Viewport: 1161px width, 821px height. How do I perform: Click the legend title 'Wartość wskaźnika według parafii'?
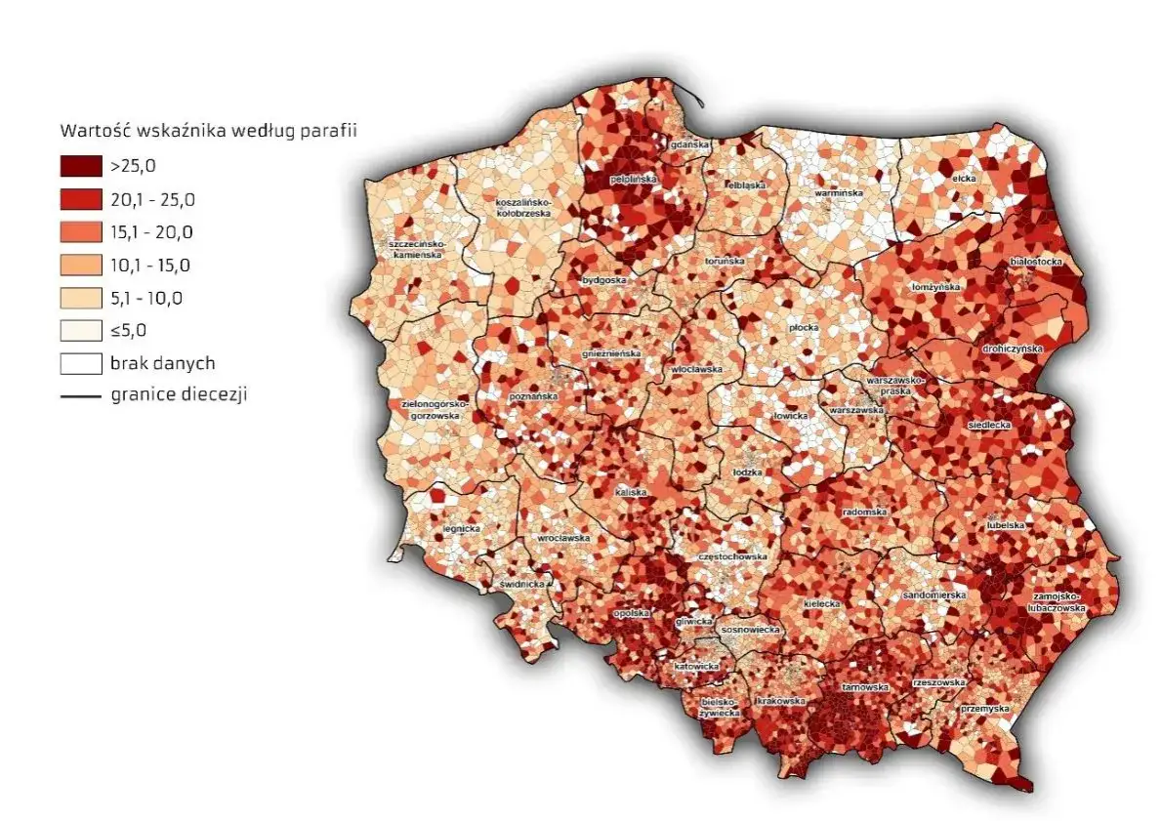pyautogui.click(x=206, y=131)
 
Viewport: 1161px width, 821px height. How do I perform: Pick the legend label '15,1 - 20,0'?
pyautogui.click(x=152, y=232)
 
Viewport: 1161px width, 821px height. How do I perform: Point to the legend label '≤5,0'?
pyautogui.click(x=129, y=331)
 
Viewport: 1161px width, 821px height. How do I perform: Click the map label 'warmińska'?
pyautogui.click(x=838, y=193)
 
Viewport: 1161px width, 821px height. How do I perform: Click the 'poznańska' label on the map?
pyautogui.click(x=533, y=397)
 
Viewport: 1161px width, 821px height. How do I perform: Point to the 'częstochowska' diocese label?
pyautogui.click(x=731, y=556)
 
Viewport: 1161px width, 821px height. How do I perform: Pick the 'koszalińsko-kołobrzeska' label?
pyautogui.click(x=518, y=207)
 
